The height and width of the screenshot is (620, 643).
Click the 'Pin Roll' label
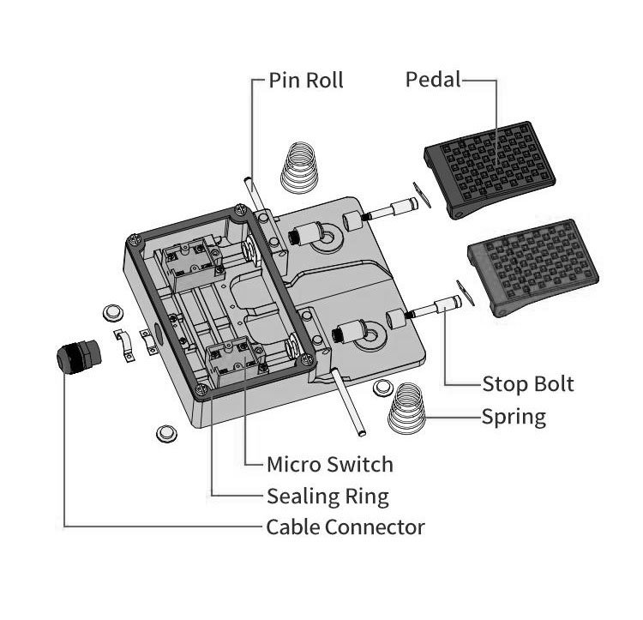coord(305,81)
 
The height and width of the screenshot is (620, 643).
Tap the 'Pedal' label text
coord(433,80)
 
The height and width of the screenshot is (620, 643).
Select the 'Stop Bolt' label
coord(528,382)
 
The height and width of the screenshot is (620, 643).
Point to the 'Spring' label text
coord(514,418)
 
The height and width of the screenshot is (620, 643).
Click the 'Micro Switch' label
coord(330,465)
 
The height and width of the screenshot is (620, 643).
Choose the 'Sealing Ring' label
coord(328,496)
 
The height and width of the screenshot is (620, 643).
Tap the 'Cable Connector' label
coord(346,527)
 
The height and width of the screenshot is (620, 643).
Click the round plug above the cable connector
coord(111,310)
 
